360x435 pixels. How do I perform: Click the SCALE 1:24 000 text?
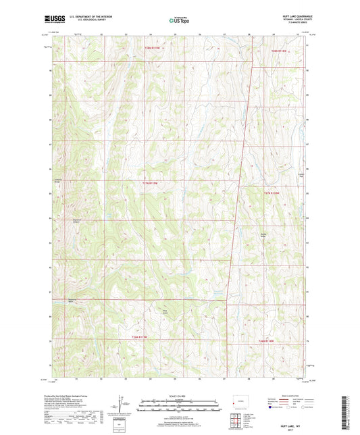(179, 397)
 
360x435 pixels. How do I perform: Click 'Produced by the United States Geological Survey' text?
(75, 397)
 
